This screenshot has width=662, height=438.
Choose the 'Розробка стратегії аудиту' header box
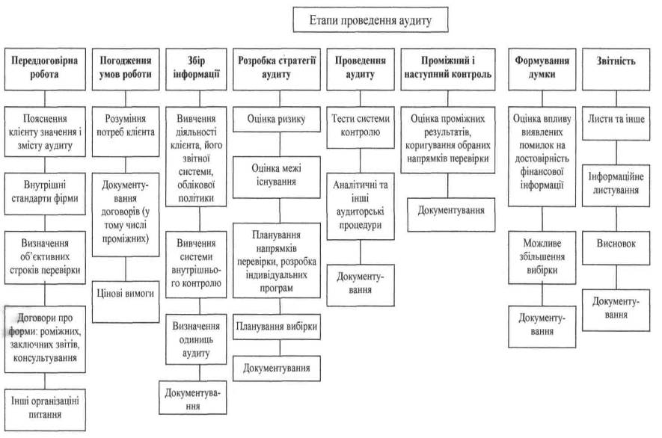point(277,68)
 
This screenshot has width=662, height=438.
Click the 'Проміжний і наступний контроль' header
point(446,68)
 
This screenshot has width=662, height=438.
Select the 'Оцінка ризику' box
point(277,119)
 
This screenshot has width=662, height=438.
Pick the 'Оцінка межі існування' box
point(277,175)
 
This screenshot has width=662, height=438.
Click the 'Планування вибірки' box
point(277,327)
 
